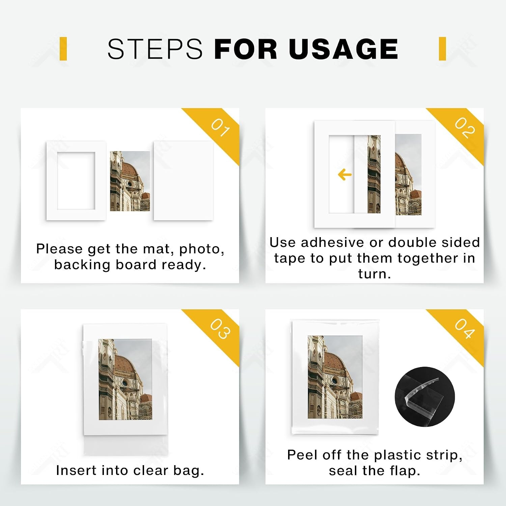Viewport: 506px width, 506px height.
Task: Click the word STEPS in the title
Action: [155, 49]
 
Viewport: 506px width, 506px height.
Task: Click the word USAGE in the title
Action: [343, 49]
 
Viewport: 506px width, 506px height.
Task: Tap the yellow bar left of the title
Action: [63, 49]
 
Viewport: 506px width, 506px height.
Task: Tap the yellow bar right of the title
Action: [443, 49]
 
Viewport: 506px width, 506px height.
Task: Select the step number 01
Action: [221, 128]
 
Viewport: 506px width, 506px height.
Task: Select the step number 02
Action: [465, 128]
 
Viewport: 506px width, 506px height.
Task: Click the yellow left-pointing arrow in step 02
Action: [345, 175]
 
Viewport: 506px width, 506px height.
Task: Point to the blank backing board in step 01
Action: [183, 181]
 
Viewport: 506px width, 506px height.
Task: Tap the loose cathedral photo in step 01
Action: [130, 181]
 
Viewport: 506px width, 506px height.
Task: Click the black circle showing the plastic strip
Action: [425, 397]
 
